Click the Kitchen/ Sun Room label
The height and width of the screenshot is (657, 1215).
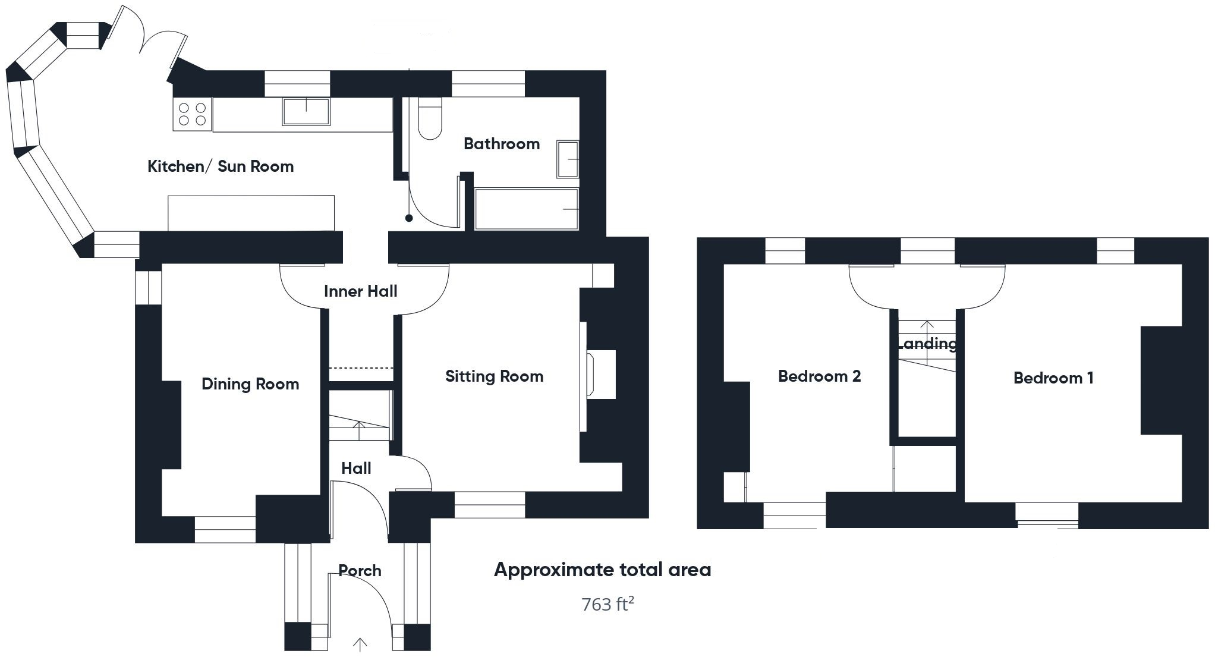[x=221, y=166]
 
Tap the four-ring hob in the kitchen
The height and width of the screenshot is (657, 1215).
[x=193, y=114]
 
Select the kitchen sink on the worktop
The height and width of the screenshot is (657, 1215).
[x=306, y=112]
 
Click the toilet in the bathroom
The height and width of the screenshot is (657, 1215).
[x=430, y=121]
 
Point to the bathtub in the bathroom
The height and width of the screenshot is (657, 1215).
[x=526, y=209]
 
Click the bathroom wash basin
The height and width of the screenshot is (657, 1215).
[x=568, y=159]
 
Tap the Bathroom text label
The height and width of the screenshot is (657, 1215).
[x=502, y=144]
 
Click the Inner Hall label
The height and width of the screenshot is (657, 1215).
[x=360, y=291]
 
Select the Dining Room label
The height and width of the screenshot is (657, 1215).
[x=250, y=384]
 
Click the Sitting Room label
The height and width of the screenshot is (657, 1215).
[x=494, y=376]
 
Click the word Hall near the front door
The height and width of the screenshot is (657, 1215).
[x=356, y=469]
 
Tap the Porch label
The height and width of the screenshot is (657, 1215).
[x=360, y=571]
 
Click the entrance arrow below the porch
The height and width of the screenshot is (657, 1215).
[x=360, y=645]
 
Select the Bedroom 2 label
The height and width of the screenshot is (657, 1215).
[x=819, y=376]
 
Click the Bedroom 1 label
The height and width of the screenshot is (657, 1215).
[x=1053, y=378]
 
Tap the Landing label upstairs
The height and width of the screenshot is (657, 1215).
[x=927, y=344]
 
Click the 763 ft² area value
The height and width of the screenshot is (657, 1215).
[x=607, y=605]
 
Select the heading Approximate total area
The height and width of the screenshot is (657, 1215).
[x=602, y=570]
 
